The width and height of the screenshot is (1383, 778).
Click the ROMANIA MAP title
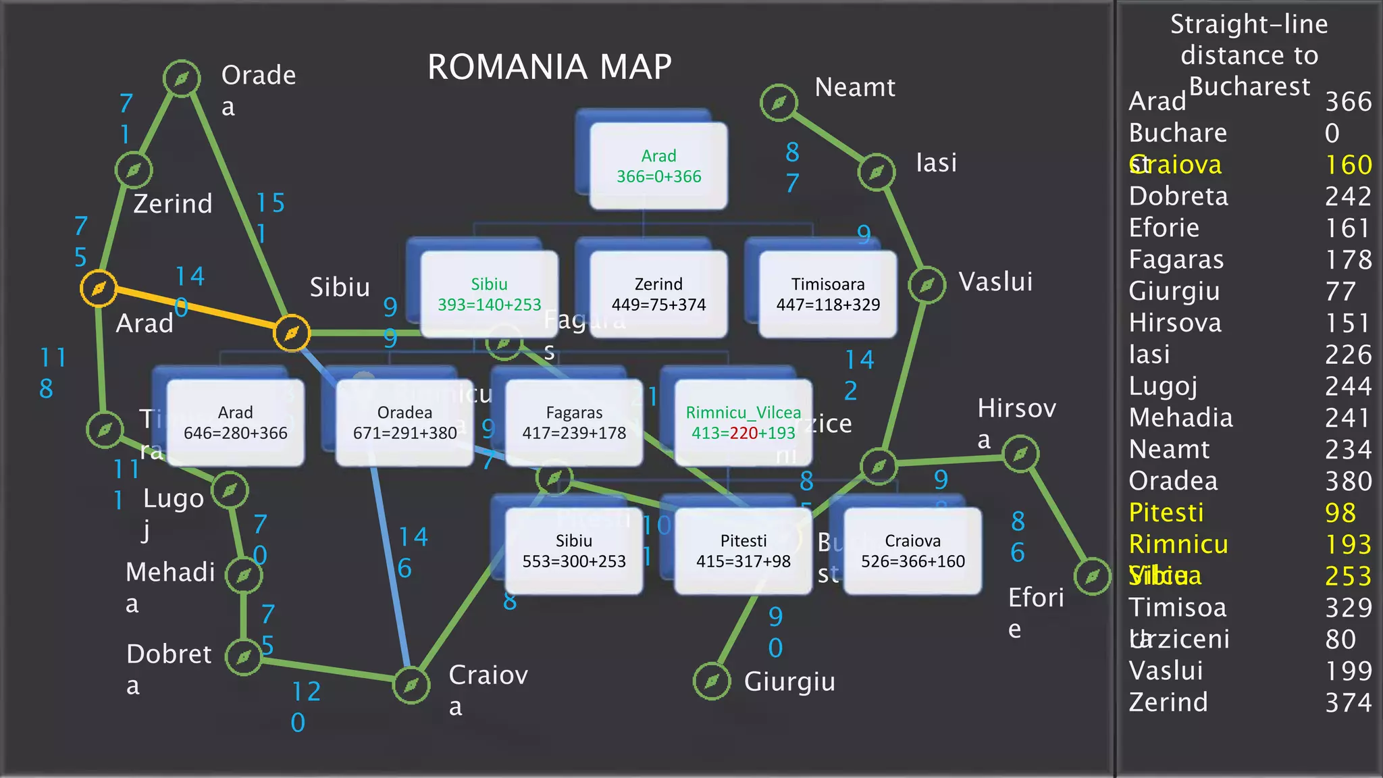(550, 67)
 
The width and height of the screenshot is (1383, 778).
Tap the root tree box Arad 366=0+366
(658, 166)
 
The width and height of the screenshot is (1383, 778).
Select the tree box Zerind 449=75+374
(658, 294)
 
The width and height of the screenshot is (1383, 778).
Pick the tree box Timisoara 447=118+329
(828, 294)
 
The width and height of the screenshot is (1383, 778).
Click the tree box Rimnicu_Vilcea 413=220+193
(743, 423)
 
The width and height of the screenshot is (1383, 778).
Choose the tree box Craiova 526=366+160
(912, 551)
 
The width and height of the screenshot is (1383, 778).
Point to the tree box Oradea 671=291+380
(405, 423)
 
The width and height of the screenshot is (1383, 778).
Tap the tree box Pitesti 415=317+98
(743, 551)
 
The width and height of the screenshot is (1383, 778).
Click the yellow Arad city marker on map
(99, 288)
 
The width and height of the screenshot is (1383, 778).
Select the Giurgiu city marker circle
(712, 681)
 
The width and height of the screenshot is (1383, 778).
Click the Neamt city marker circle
(779, 103)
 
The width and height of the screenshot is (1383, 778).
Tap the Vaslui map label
(995, 282)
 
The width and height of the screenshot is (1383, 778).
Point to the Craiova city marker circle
(411, 685)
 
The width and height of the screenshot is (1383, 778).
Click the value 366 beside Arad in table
(1348, 102)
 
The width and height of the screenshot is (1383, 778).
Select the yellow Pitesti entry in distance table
(1166, 513)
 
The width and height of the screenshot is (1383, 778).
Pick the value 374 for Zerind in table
(1348, 703)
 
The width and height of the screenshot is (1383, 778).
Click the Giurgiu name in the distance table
(1174, 291)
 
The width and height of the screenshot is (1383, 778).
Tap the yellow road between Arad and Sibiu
(196, 311)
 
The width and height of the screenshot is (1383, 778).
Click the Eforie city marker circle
(1092, 576)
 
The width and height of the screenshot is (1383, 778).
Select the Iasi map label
(936, 163)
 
